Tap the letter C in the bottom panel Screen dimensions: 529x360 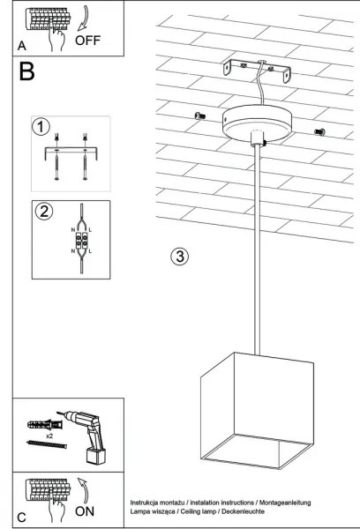pos(20,517)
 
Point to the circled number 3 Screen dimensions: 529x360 pos(178,257)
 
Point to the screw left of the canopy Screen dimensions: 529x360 pos(197,115)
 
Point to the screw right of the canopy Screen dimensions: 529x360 pos(319,132)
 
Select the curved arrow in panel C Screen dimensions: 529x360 pos(83,487)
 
